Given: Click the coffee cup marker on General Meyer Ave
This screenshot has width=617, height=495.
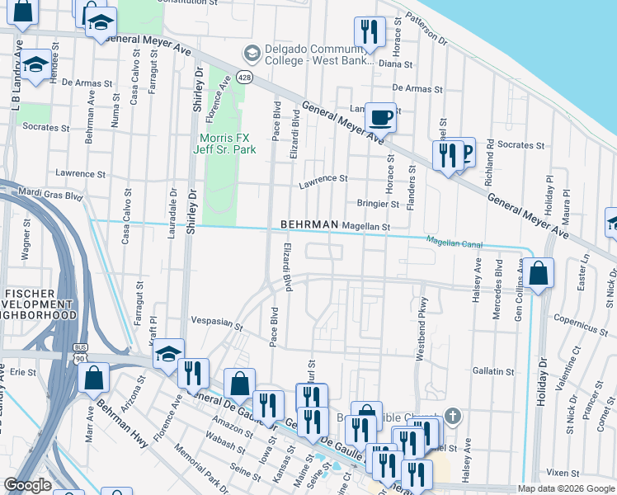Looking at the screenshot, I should click(380, 117).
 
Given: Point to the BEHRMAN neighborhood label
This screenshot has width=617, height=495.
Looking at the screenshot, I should click(309, 224).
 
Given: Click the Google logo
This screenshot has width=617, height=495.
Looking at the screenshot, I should click(27, 486).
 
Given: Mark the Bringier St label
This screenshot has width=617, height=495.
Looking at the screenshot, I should click(378, 203).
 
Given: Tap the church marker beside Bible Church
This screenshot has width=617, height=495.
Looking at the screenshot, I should click(450, 415).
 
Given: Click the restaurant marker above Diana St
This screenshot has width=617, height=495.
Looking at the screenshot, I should click(369, 33).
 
